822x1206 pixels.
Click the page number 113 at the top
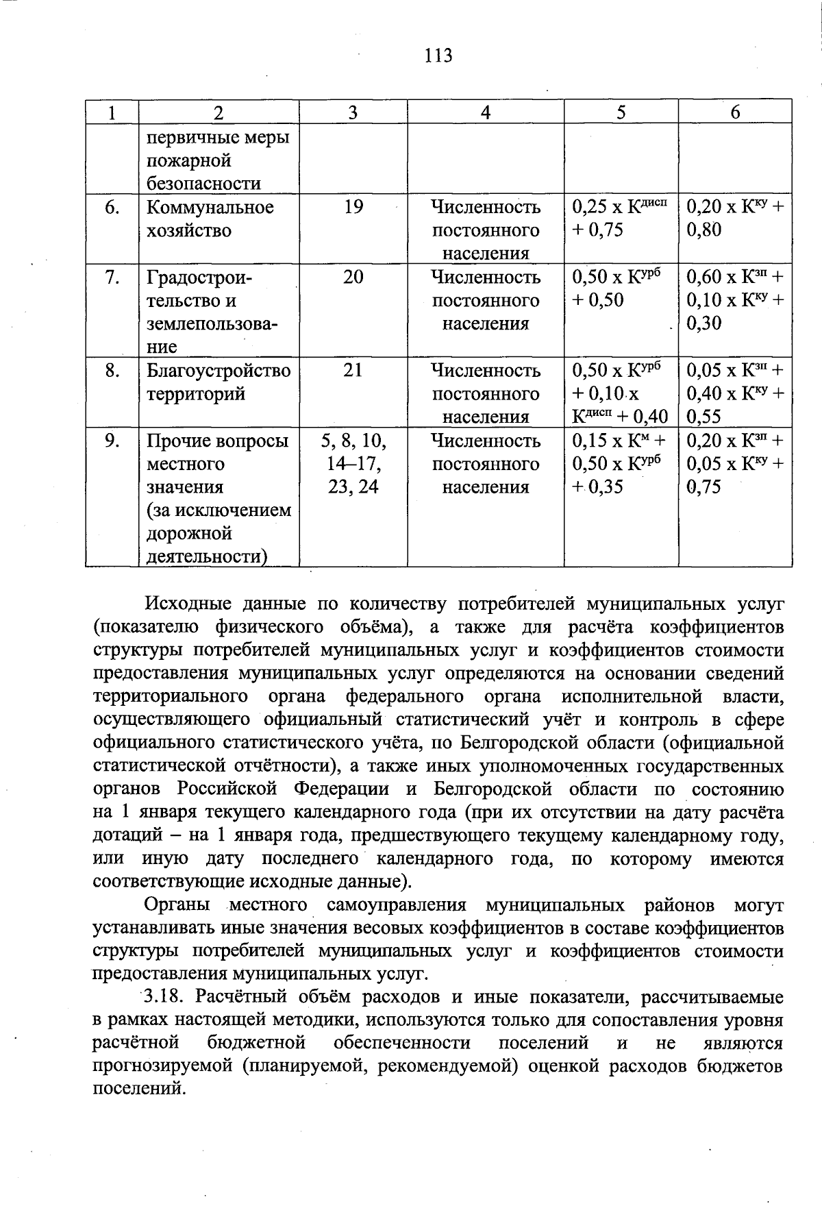[438, 55]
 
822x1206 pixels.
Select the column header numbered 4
[485, 112]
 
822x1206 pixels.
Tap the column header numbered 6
[735, 112]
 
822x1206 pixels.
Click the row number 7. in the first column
[113, 277]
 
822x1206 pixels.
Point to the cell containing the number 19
[353, 207]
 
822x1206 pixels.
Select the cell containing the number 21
[353, 370]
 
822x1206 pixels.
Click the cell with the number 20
[353, 277]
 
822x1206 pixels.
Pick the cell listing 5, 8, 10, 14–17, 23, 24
[353, 463]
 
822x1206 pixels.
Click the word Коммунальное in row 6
[210, 207]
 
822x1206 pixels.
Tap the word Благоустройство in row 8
[219, 370]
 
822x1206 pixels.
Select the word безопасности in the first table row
[203, 184]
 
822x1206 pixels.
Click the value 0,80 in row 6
[704, 230]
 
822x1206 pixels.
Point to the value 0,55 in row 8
[704, 417]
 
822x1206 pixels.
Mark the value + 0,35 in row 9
[597, 487]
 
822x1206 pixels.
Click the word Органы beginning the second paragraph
[178, 905]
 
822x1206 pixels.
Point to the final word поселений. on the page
[139, 1089]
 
